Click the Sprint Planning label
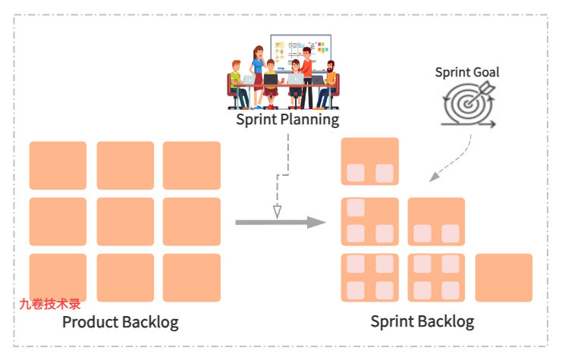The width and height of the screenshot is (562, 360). point(287,119)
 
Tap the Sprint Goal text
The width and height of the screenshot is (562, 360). point(466,72)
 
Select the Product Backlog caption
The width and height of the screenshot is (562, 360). point(120,322)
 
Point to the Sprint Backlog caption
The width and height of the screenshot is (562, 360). point(422,321)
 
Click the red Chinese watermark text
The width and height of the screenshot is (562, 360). point(50,305)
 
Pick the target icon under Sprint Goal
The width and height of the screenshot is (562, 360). point(468,105)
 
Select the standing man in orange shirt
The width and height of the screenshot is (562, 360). point(306,72)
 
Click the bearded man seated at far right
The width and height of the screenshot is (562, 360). point(327,85)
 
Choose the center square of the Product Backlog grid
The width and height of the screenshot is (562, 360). point(125,221)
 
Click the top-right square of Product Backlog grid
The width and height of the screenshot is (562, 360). point(191,165)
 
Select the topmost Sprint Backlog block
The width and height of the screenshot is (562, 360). point(370,161)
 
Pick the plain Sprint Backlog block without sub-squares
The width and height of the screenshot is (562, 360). point(504,277)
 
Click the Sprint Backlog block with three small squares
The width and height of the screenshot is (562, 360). point(370,221)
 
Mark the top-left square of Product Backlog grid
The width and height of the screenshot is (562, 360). point(58,165)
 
